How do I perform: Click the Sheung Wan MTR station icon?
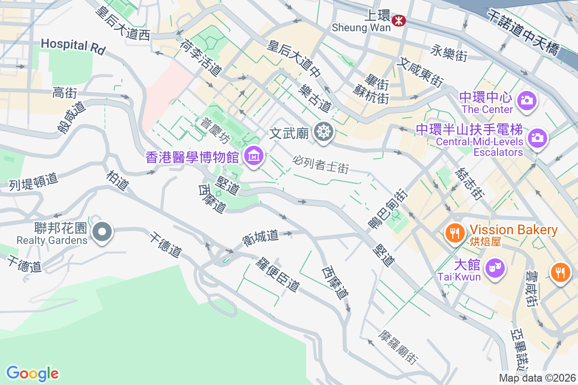pyautogui.click(x=399, y=20)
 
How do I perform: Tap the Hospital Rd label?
pyautogui.click(x=73, y=46)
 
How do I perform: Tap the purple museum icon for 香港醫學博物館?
pyautogui.click(x=253, y=155)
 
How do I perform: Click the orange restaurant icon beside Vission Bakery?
pyautogui.click(x=454, y=233)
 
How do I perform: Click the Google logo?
pyautogui.click(x=32, y=373)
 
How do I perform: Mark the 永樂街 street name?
pyautogui.click(x=449, y=53)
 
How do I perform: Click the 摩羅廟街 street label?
pyautogui.click(x=398, y=346)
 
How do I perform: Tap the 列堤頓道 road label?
pyautogui.click(x=34, y=181)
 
